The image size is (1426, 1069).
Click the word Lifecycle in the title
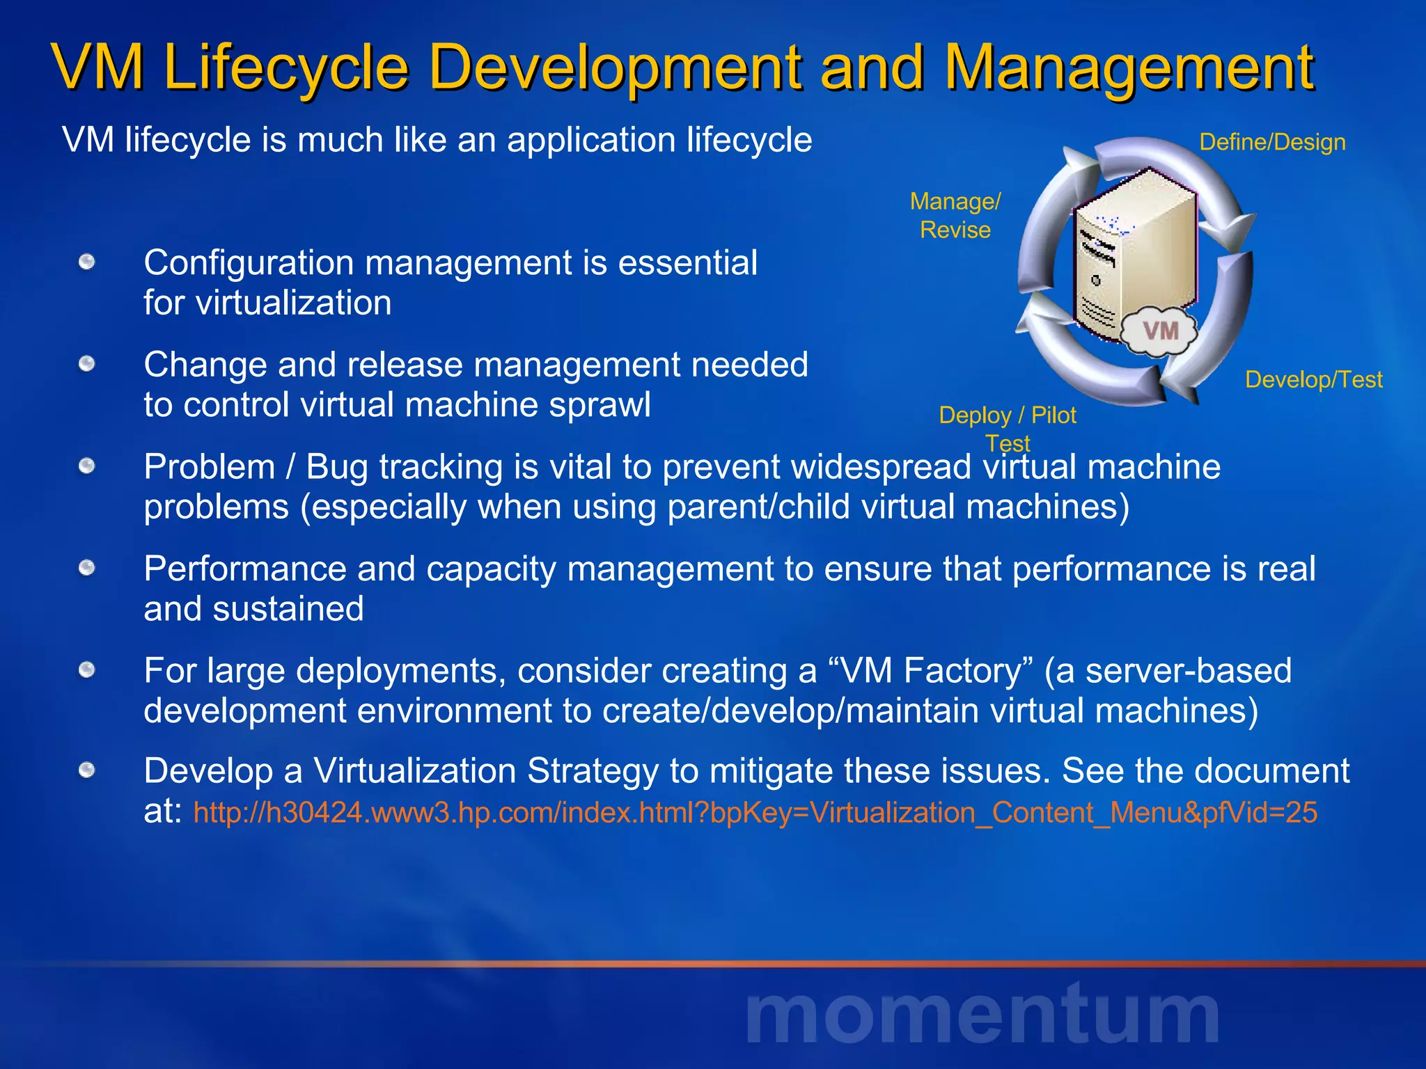(x=285, y=68)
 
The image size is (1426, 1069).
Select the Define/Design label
(x=1272, y=142)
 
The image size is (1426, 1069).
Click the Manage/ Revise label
(x=955, y=215)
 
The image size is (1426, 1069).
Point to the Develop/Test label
(x=1313, y=379)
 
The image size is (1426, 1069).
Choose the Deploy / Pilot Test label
(x=1007, y=428)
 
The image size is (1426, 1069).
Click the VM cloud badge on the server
(x=1160, y=331)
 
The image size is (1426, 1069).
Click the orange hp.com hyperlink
(x=755, y=813)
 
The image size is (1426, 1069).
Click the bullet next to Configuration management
(x=86, y=262)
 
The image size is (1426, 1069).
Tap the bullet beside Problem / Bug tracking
(x=86, y=466)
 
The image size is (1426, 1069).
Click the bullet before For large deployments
(x=86, y=670)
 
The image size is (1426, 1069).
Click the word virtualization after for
(x=293, y=303)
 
